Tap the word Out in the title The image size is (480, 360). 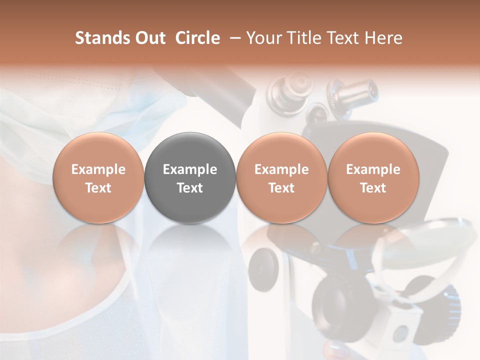pos(149,38)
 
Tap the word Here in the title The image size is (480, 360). pos(384,38)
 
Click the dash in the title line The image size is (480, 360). pos(233,38)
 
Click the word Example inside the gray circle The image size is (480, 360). pos(190,169)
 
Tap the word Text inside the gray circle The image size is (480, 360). pos(190,188)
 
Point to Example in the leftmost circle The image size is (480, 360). pos(98,169)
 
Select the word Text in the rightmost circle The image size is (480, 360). pos(373,188)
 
